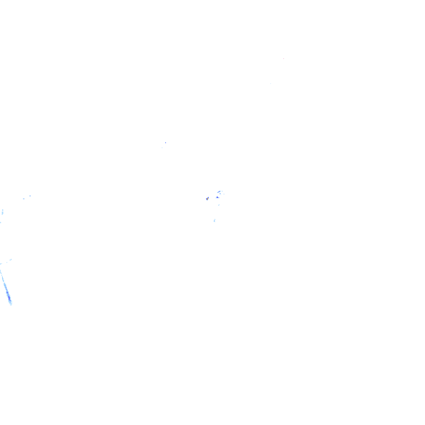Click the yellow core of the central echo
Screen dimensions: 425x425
click(207, 198)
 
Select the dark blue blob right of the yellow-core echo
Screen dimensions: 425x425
click(217, 197)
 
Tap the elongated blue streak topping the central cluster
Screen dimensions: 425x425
click(219, 192)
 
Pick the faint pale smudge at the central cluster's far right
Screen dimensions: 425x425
click(224, 194)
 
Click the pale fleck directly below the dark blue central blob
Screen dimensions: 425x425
click(218, 205)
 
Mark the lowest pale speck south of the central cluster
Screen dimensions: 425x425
click(215, 220)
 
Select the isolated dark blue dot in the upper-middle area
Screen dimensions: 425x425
click(165, 142)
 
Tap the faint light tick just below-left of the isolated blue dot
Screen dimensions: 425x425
click(162, 147)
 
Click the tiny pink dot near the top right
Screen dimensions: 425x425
click(283, 58)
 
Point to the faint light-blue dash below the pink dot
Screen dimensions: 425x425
click(271, 83)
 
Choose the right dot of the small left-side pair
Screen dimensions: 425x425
click(30, 195)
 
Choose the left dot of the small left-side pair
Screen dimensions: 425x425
click(24, 198)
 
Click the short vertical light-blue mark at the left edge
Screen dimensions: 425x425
click(2, 212)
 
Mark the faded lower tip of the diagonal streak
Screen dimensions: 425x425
click(11, 303)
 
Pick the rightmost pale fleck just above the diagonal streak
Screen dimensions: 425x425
click(10, 260)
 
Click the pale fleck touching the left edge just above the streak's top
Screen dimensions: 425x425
click(1, 264)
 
